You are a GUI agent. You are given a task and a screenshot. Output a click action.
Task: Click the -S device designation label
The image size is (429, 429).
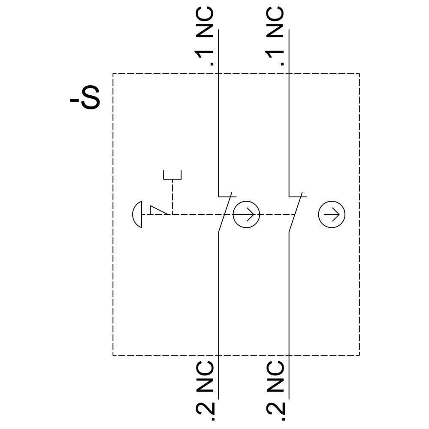click(x=85, y=98)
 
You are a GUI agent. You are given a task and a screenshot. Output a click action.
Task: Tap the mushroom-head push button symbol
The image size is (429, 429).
click(x=137, y=214)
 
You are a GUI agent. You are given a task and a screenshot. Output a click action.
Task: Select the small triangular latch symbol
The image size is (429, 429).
click(x=159, y=210)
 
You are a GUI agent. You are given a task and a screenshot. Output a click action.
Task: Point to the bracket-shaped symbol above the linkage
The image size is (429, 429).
click(x=172, y=175)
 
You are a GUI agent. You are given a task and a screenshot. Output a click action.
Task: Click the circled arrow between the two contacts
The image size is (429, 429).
click(x=246, y=214)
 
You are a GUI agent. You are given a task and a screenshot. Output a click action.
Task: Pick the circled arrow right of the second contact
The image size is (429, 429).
click(x=332, y=214)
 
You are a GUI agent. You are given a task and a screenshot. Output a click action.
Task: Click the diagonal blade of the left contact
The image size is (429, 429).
click(x=225, y=212)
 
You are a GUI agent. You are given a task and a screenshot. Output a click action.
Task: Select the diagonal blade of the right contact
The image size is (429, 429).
click(x=296, y=212)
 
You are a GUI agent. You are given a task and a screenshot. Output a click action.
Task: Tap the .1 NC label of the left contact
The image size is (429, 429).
click(x=204, y=36)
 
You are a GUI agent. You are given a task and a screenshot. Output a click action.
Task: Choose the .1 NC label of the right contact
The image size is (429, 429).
click(x=275, y=36)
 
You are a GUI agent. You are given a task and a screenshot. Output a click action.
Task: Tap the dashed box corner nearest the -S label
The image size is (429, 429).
click(x=113, y=74)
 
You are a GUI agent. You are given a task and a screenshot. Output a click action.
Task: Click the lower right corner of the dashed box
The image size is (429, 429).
click(x=360, y=355)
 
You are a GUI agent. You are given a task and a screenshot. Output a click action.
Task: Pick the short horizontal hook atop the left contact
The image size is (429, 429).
click(x=227, y=196)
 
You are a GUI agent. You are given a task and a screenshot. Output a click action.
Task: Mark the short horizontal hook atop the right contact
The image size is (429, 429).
click(x=298, y=196)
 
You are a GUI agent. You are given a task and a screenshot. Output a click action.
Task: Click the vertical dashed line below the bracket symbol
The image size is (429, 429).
click(x=172, y=197)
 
